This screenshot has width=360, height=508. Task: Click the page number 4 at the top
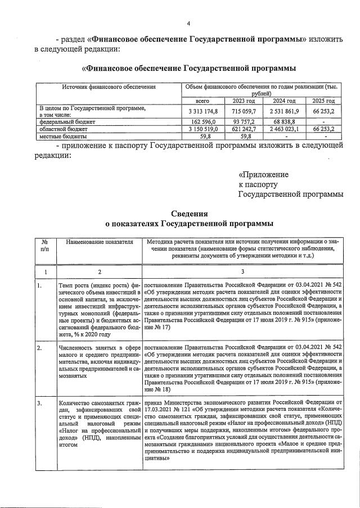point(189,23)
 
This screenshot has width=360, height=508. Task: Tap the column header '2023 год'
point(244,101)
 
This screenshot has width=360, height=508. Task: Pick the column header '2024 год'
point(283,101)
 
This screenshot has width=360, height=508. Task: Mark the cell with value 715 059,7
point(244,111)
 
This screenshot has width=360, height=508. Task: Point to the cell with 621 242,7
point(244,129)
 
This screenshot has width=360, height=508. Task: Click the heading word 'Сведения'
point(189,214)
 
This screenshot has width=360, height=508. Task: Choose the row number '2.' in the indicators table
point(39,348)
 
